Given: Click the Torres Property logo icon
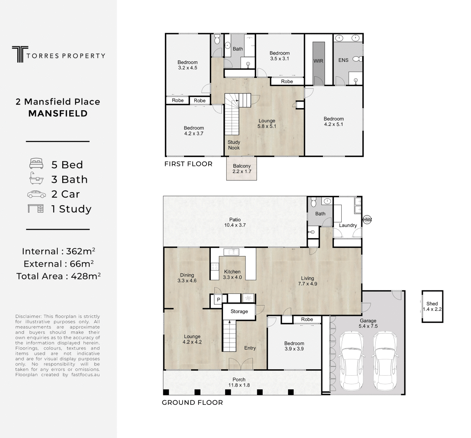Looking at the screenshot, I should [18, 54].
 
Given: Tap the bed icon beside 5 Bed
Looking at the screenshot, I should [36, 164].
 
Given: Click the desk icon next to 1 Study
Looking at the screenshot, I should [36, 209].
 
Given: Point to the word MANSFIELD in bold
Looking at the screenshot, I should [58, 113].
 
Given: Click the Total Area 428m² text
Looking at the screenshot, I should [58, 276].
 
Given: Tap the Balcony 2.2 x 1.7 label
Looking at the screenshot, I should [242, 168].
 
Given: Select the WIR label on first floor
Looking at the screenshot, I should [318, 61].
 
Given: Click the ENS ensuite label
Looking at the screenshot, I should [343, 60].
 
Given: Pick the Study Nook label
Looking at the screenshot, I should [234, 145].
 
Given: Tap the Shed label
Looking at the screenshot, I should [432, 306].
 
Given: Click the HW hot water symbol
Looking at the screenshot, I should [367, 220].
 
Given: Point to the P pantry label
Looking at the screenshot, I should [219, 300].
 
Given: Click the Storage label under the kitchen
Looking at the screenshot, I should [239, 311].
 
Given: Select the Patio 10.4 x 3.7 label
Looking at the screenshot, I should [235, 222].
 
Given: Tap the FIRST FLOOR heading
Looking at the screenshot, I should [188, 164].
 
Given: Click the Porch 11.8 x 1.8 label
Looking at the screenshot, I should [239, 382].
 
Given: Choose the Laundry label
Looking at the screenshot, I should [348, 225].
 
